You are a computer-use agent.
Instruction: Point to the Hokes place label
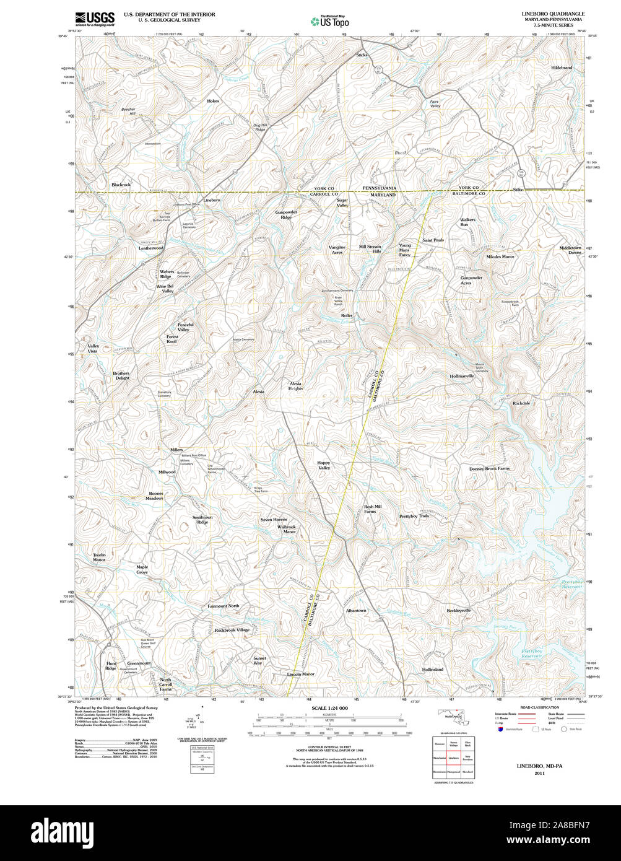coord(213,100)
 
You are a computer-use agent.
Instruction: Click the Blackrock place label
coord(121,185)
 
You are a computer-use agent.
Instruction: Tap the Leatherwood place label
coord(150,248)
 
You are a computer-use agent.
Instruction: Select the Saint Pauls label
coord(433,240)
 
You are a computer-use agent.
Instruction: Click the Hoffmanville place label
coord(462,376)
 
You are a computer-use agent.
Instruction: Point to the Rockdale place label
coord(521,403)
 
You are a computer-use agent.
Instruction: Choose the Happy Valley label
coord(324,465)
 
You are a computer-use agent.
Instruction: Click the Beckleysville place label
coord(459,611)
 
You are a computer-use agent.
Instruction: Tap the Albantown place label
coord(356,611)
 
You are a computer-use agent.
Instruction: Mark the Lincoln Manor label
coord(300,674)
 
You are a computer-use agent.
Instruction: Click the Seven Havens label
coord(273,519)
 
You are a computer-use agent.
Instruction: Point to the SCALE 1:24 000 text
coord(329,708)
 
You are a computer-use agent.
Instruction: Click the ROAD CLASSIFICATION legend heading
coord(539,707)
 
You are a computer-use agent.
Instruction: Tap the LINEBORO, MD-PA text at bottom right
coord(539,766)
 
